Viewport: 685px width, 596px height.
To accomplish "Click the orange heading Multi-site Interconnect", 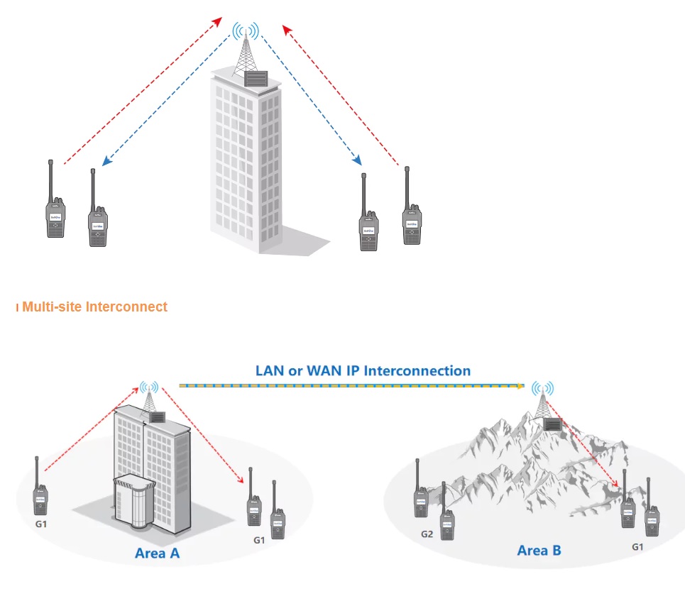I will [94, 307].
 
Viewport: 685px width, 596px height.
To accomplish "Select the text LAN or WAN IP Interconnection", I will [362, 370].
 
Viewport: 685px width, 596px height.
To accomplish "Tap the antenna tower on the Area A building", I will [149, 401].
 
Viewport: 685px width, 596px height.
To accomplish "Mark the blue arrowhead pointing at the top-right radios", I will [357, 162].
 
